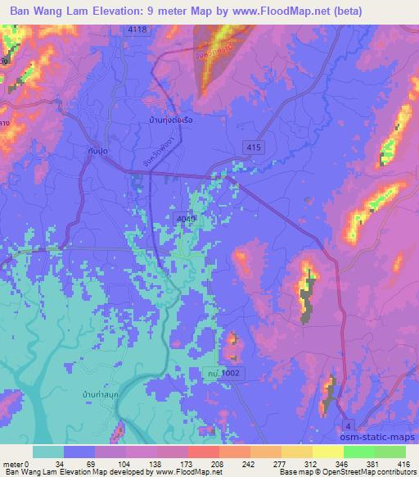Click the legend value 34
(61, 464)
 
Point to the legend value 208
(193, 464)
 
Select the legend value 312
(300, 464)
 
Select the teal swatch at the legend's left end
(48, 452)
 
